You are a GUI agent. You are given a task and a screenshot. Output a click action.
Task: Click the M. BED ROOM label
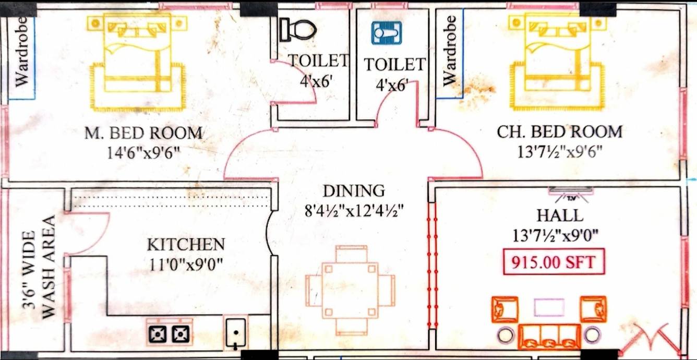click(143, 133)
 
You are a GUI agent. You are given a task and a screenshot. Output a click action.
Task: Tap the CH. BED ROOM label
click(559, 131)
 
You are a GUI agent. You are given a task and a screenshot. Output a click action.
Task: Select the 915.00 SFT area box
click(554, 262)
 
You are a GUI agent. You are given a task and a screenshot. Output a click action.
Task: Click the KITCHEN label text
click(186, 244)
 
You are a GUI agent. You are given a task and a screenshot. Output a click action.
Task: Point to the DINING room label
click(353, 191)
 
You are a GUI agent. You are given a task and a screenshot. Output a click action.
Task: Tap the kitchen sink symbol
click(236, 332)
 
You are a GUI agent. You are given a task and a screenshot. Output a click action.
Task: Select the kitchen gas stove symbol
click(169, 332)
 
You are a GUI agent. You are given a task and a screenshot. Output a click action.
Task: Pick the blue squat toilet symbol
click(387, 33)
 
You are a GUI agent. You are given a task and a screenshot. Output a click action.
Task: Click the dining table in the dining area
click(351, 290)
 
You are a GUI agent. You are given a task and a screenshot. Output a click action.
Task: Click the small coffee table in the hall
click(549, 307)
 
